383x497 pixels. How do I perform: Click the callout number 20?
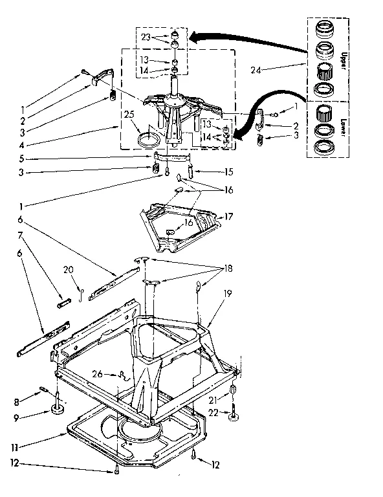pos(69,270)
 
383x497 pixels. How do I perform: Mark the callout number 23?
pos(145,37)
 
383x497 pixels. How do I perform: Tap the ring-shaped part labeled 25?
pos(150,139)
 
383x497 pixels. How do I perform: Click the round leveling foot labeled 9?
pos(58,408)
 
